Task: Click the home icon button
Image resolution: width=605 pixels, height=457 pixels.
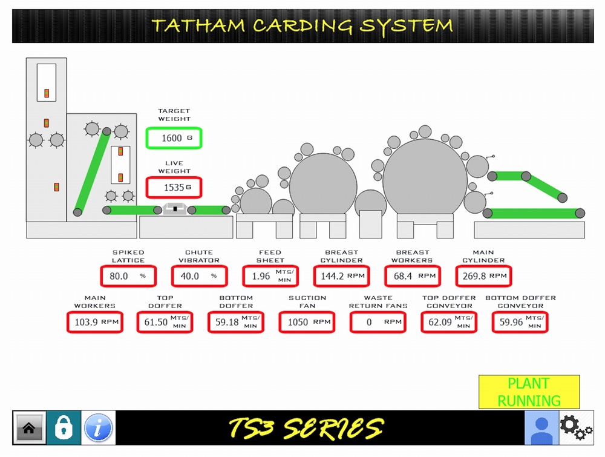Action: pyautogui.click(x=29, y=427)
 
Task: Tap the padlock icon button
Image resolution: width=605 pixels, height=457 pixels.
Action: pyautogui.click(x=64, y=427)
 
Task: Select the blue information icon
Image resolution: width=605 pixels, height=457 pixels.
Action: pyautogui.click(x=98, y=427)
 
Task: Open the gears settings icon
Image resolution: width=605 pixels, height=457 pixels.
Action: pyautogui.click(x=576, y=427)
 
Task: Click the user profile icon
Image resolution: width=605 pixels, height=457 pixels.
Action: pyautogui.click(x=541, y=427)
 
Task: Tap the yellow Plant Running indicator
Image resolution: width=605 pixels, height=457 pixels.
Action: pyautogui.click(x=529, y=392)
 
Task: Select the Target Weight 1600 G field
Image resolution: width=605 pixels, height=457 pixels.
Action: pyautogui.click(x=174, y=138)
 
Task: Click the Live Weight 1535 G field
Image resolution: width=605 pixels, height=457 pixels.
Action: pyautogui.click(x=174, y=188)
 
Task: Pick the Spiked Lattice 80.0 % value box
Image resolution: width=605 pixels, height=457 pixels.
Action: pyautogui.click(x=128, y=276)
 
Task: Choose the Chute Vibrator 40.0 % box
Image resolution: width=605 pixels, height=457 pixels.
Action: pyautogui.click(x=199, y=276)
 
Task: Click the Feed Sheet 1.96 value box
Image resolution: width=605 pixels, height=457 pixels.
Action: pyautogui.click(x=270, y=276)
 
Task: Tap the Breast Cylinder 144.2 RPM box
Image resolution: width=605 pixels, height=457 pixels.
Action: pyautogui.click(x=341, y=276)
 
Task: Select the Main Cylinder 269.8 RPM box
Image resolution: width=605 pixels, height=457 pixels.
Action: pyautogui.click(x=483, y=276)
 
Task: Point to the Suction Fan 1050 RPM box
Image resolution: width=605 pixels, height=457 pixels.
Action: pyautogui.click(x=307, y=322)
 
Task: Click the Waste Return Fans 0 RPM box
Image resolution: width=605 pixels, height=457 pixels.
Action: pyautogui.click(x=378, y=322)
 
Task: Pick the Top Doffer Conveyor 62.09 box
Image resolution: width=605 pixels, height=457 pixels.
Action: pyautogui.click(x=449, y=322)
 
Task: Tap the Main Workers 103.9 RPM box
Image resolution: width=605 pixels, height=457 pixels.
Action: pyautogui.click(x=95, y=322)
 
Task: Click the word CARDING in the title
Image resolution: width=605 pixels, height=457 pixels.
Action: pyautogui.click(x=302, y=25)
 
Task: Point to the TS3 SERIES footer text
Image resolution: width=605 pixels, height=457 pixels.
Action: pyautogui.click(x=306, y=428)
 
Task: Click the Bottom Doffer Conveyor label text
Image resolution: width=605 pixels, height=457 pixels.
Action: pyautogui.click(x=520, y=302)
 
